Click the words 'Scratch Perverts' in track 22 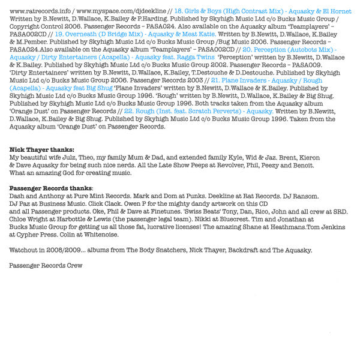[220, 112]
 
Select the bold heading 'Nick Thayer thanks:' [42, 149]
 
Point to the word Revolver [250, 164]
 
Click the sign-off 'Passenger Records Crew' [46, 265]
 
